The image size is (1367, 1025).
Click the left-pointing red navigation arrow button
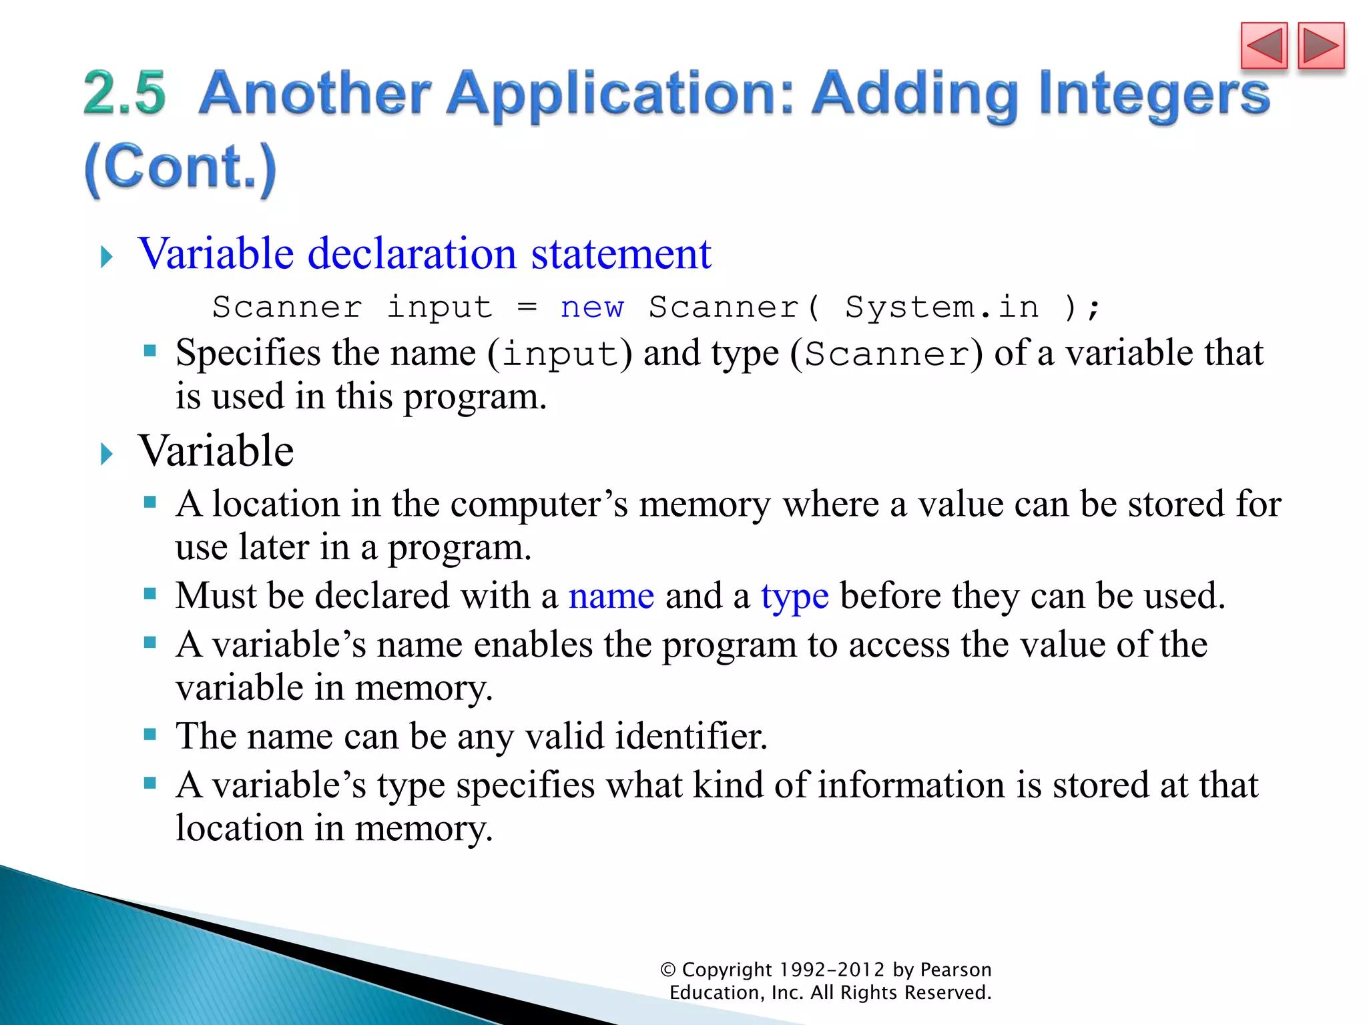click(x=1264, y=46)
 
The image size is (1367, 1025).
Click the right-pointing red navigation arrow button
click(x=1320, y=46)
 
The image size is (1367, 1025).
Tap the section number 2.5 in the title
click(x=125, y=93)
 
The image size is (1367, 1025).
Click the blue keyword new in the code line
click(x=592, y=308)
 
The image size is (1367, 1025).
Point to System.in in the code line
click(x=942, y=308)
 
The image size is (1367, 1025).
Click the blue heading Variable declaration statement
click(x=425, y=254)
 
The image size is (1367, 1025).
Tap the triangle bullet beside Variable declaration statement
click(x=107, y=256)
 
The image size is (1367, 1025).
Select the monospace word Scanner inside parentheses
click(x=886, y=354)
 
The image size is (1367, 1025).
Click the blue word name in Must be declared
click(x=611, y=595)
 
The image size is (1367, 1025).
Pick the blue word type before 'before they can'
click(x=794, y=595)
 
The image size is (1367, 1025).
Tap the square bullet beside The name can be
click(x=150, y=735)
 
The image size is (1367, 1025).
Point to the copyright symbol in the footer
click(x=668, y=970)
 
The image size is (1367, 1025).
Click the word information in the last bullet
click(x=911, y=785)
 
